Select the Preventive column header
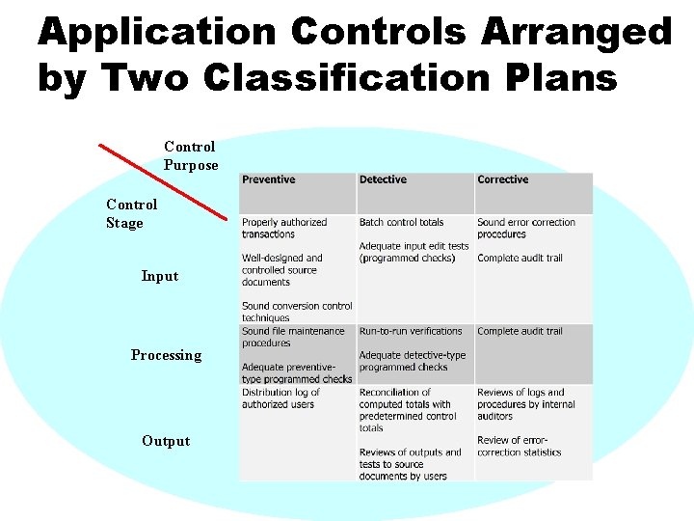pos(269,179)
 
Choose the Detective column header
pos(383,179)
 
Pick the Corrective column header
pos(503,179)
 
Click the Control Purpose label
pos(190,155)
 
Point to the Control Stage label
pos(131,213)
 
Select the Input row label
pos(160,276)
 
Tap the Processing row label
pos(167,355)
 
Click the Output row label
pos(166,441)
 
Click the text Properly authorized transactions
pos(284,228)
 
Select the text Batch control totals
pos(401,222)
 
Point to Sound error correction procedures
pos(525,228)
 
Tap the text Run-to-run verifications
pos(411,331)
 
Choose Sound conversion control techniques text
pos(297,312)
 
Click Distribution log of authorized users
pos(281,398)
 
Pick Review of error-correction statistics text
pos(520,446)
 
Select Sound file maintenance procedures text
pos(293,337)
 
